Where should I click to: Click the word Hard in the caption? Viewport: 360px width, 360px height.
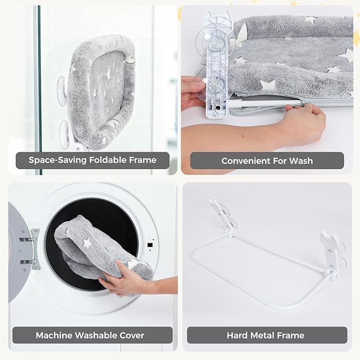pyautogui.click(x=238, y=336)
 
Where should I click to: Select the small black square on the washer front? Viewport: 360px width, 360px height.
pyautogui.click(x=150, y=245)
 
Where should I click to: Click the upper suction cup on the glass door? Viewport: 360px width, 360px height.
pyautogui.click(x=62, y=90)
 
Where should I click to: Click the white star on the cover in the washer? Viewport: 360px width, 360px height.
pyautogui.click(x=87, y=243)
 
